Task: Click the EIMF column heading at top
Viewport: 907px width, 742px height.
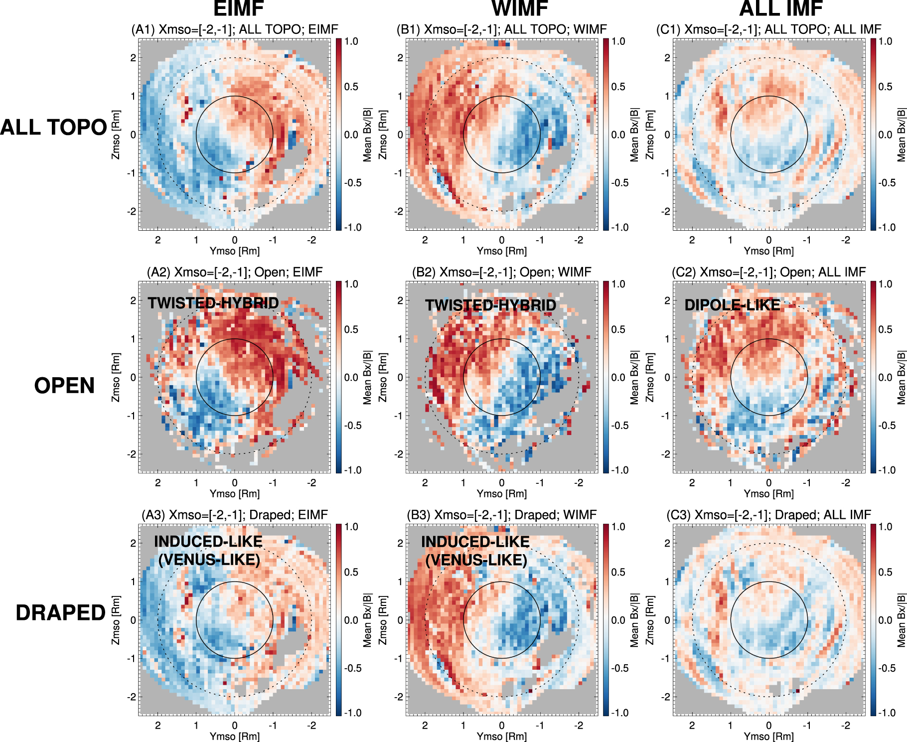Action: point(238,8)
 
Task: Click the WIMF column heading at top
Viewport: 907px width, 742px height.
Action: point(520,8)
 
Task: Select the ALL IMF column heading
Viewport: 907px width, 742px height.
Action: point(781,8)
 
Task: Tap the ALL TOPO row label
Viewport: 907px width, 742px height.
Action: point(53,128)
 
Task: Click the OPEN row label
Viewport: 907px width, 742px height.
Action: point(64,386)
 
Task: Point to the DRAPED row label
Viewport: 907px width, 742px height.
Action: point(60,613)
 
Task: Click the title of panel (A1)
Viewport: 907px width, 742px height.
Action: point(234,29)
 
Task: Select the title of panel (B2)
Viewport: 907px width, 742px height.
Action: point(501,272)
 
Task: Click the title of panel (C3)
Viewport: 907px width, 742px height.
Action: point(768,515)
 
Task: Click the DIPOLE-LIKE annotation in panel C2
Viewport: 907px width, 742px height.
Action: point(732,305)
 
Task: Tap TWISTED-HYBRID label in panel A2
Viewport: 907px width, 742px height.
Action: point(213,303)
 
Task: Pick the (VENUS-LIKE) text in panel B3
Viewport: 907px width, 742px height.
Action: point(476,560)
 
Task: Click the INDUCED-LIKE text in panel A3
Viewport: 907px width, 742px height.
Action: point(208,542)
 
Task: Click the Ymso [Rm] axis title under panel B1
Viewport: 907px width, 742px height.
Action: point(501,251)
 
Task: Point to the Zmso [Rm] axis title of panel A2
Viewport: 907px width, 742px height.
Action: point(116,377)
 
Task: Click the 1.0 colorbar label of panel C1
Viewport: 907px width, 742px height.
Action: point(885,41)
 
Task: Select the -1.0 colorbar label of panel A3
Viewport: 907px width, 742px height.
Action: point(352,713)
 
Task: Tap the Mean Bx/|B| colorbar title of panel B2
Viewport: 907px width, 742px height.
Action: point(634,377)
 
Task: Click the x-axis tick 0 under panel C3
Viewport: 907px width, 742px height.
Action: point(768,726)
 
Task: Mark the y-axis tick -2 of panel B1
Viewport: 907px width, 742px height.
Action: point(399,211)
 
